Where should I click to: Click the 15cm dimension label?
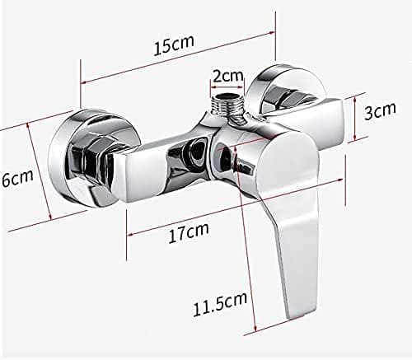click(x=174, y=45)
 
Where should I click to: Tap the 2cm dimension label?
click(x=228, y=76)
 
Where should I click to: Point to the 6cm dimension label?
click(x=17, y=179)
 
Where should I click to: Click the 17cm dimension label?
click(x=189, y=233)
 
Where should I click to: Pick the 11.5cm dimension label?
click(x=220, y=304)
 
